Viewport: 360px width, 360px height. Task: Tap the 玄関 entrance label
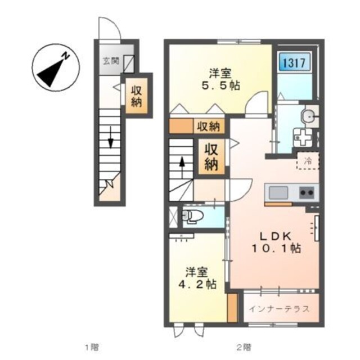pos(110,61)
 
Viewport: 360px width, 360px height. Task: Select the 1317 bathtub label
pos(292,62)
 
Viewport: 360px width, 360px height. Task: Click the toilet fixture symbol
pos(192,216)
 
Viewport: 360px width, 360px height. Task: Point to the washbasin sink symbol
pos(308,116)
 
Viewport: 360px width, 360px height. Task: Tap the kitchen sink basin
pos(278,192)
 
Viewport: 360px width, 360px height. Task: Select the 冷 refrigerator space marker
pos(308,161)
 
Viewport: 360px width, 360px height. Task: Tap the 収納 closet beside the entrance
pos(137,96)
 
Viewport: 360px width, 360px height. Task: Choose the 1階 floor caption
pos(91,347)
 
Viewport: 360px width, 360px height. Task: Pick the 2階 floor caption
pos(244,347)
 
